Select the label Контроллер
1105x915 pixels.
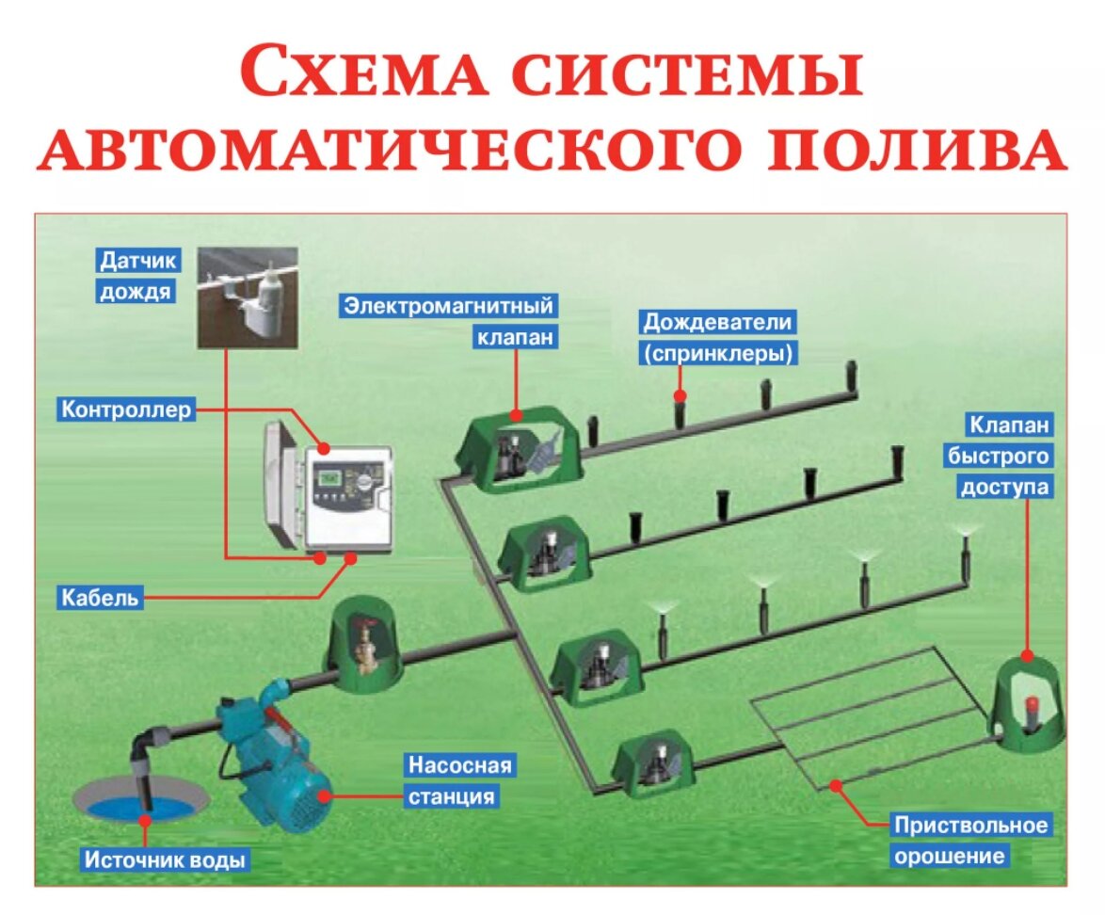pos(127,410)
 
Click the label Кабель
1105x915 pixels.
pos(102,597)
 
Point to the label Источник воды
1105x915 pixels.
pos(166,860)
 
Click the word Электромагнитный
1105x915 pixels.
pos(448,306)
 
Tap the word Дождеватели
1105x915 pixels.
pos(717,323)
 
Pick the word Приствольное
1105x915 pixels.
pos(970,826)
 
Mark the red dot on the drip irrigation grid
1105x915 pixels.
pos(834,784)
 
